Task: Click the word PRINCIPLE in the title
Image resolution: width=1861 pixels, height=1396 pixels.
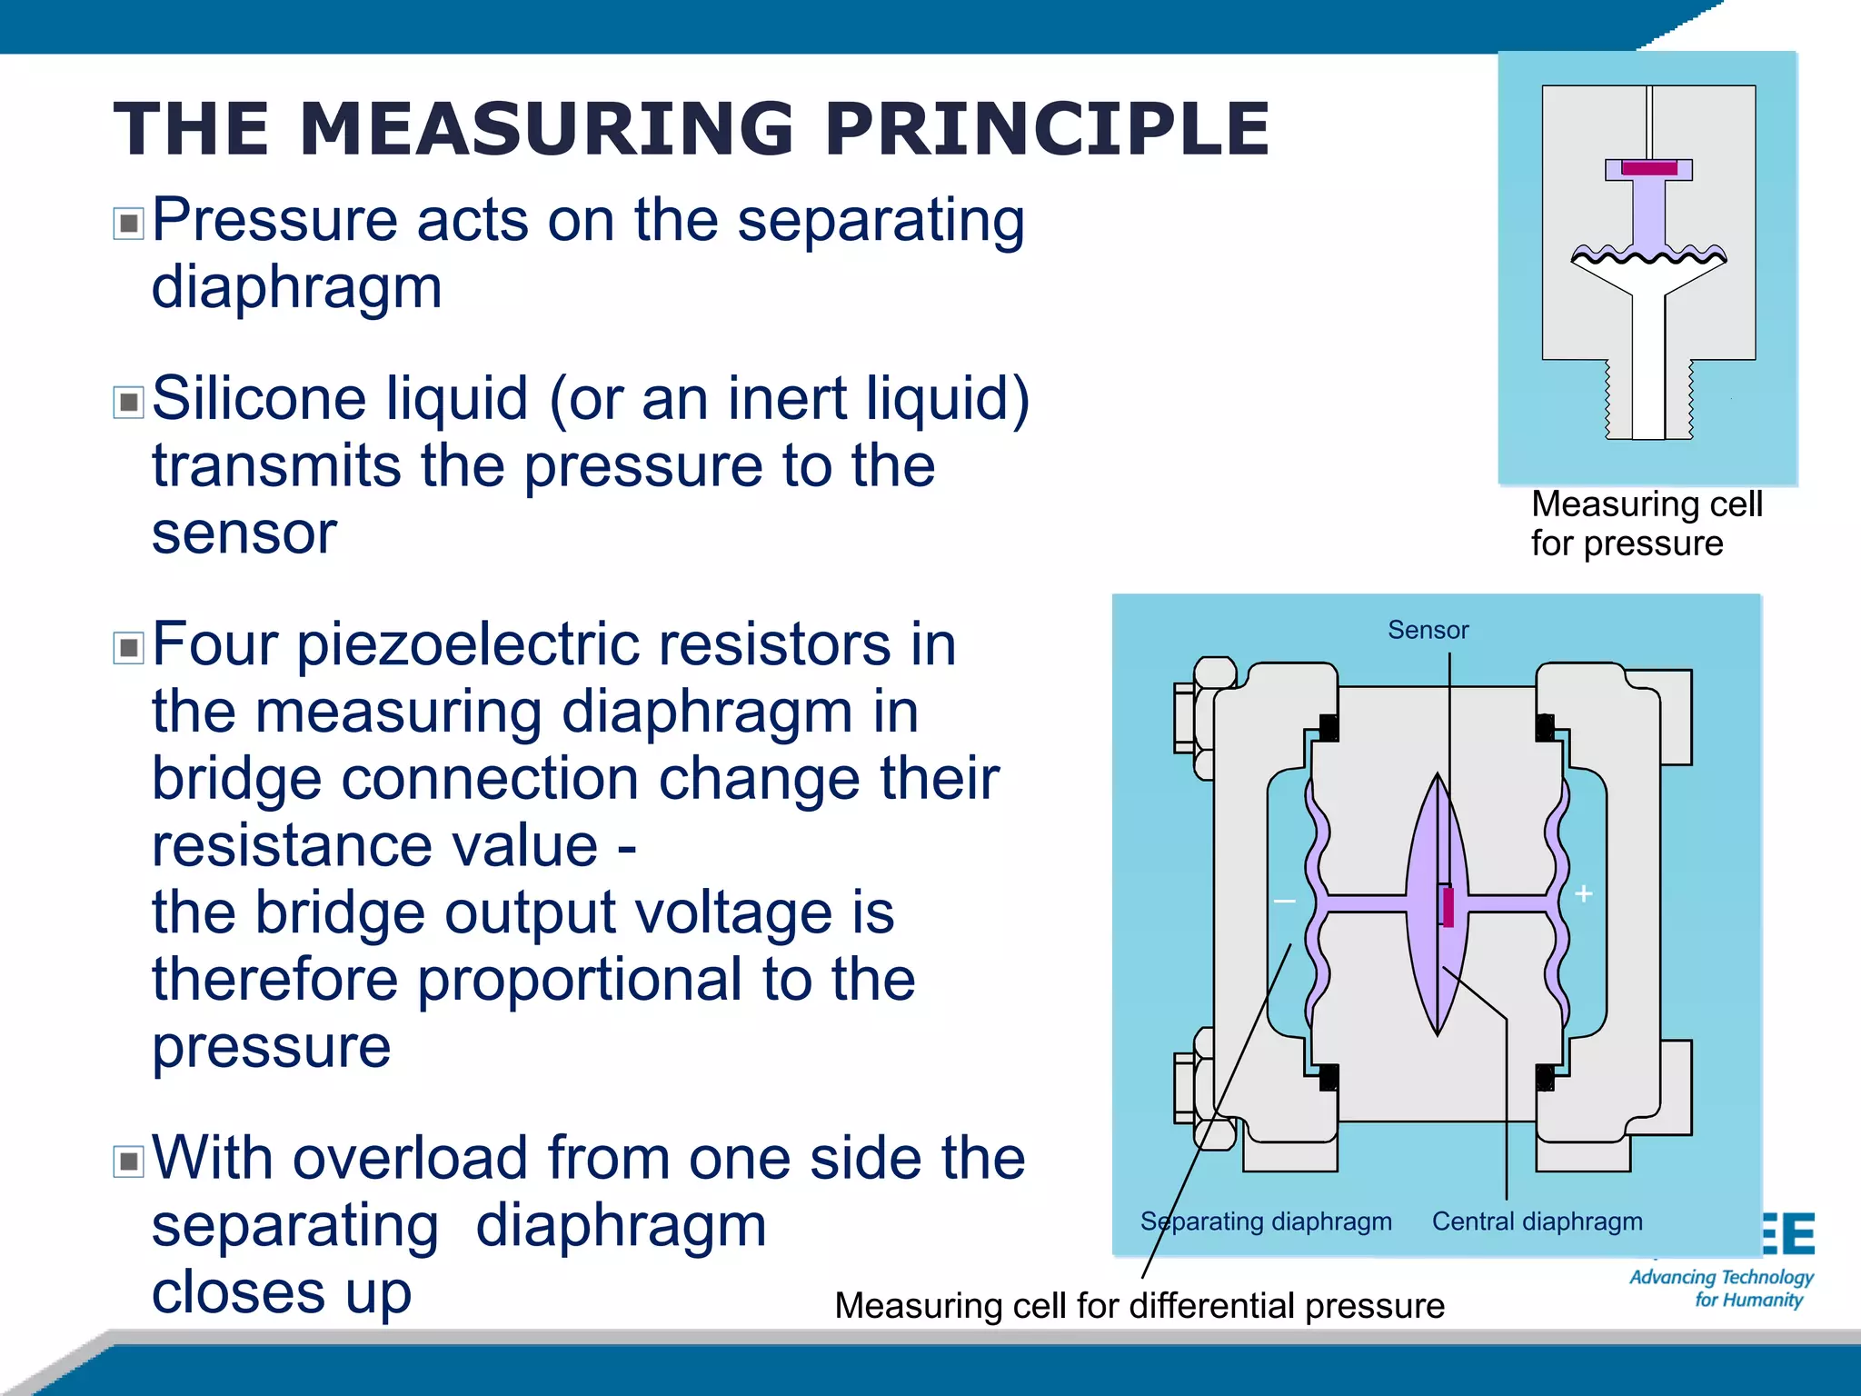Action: pos(1048,128)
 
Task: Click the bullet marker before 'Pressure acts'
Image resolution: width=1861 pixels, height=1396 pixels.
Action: pos(128,223)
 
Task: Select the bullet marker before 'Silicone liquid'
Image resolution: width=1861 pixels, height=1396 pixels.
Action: pos(128,402)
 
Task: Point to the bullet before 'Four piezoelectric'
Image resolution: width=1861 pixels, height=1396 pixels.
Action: pos(128,648)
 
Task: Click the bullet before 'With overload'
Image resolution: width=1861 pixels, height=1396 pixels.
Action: pos(128,1162)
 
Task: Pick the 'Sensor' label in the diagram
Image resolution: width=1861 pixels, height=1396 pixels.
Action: pos(1428,630)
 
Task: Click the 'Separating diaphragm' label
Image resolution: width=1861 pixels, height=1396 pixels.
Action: pos(1266,1221)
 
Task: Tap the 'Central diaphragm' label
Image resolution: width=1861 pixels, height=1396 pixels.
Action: pos(1537,1221)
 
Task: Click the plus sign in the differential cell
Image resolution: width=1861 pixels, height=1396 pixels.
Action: pos(1584,894)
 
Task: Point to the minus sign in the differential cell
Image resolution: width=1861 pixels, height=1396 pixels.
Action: pos(1284,902)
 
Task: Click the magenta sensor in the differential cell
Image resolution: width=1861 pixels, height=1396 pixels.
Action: pos(1448,907)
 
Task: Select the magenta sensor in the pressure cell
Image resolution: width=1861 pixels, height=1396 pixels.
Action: pos(1649,168)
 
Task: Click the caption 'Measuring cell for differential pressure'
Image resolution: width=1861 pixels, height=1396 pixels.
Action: pos(1139,1306)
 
